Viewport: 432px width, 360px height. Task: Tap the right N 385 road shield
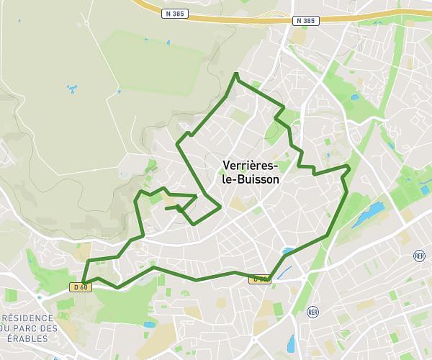click(x=305, y=21)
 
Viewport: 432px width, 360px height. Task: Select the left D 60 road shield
click(x=79, y=287)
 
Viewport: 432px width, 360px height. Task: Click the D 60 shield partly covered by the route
click(x=259, y=279)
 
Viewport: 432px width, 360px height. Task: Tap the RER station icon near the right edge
click(x=420, y=256)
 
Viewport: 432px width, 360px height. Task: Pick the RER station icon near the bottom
click(x=312, y=312)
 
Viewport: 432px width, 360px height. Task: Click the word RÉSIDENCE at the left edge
click(x=27, y=318)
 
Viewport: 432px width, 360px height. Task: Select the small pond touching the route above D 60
click(x=288, y=251)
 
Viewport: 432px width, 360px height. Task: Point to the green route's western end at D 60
click(x=84, y=282)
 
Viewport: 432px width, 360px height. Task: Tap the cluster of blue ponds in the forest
click(x=72, y=89)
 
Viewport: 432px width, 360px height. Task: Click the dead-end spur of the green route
click(x=167, y=209)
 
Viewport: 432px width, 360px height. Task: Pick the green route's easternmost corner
click(x=349, y=167)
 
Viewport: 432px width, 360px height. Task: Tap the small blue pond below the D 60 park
click(x=149, y=325)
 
